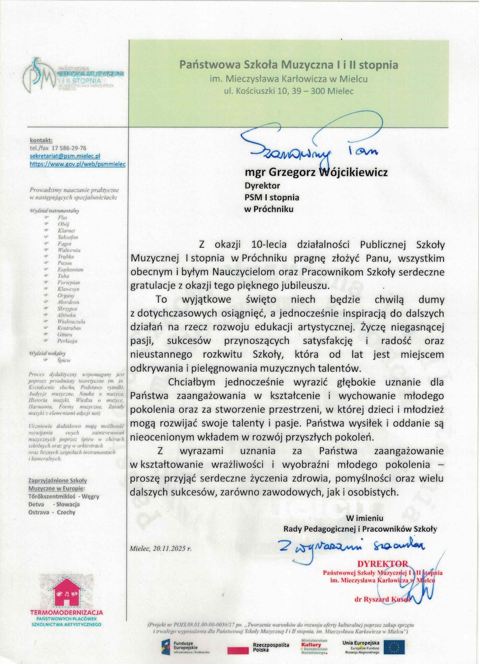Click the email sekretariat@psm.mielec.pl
65,156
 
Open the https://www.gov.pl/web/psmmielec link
77,164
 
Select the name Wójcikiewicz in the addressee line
353,172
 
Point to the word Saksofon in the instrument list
68,237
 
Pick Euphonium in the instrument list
70,269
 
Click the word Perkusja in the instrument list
67,341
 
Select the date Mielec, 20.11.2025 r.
160,549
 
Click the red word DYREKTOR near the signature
382,564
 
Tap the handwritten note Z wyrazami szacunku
351,547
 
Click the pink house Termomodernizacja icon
67,592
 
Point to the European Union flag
394,647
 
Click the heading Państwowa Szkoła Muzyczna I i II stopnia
288,65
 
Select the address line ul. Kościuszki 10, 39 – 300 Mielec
288,91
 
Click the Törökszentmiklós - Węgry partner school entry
64,497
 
